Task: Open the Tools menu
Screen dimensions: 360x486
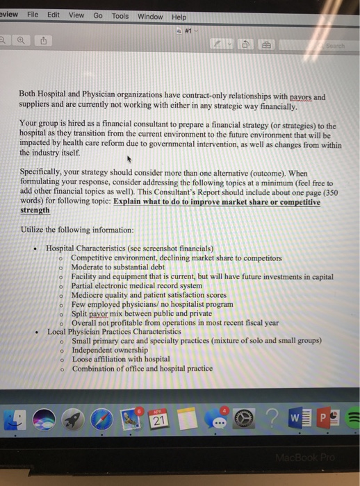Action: (x=120, y=15)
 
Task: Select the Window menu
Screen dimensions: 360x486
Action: (x=150, y=16)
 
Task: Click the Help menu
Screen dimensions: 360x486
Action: (x=179, y=17)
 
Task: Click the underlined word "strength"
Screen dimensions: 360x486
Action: (x=35, y=210)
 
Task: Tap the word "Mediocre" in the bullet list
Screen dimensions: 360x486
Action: (x=88, y=294)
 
